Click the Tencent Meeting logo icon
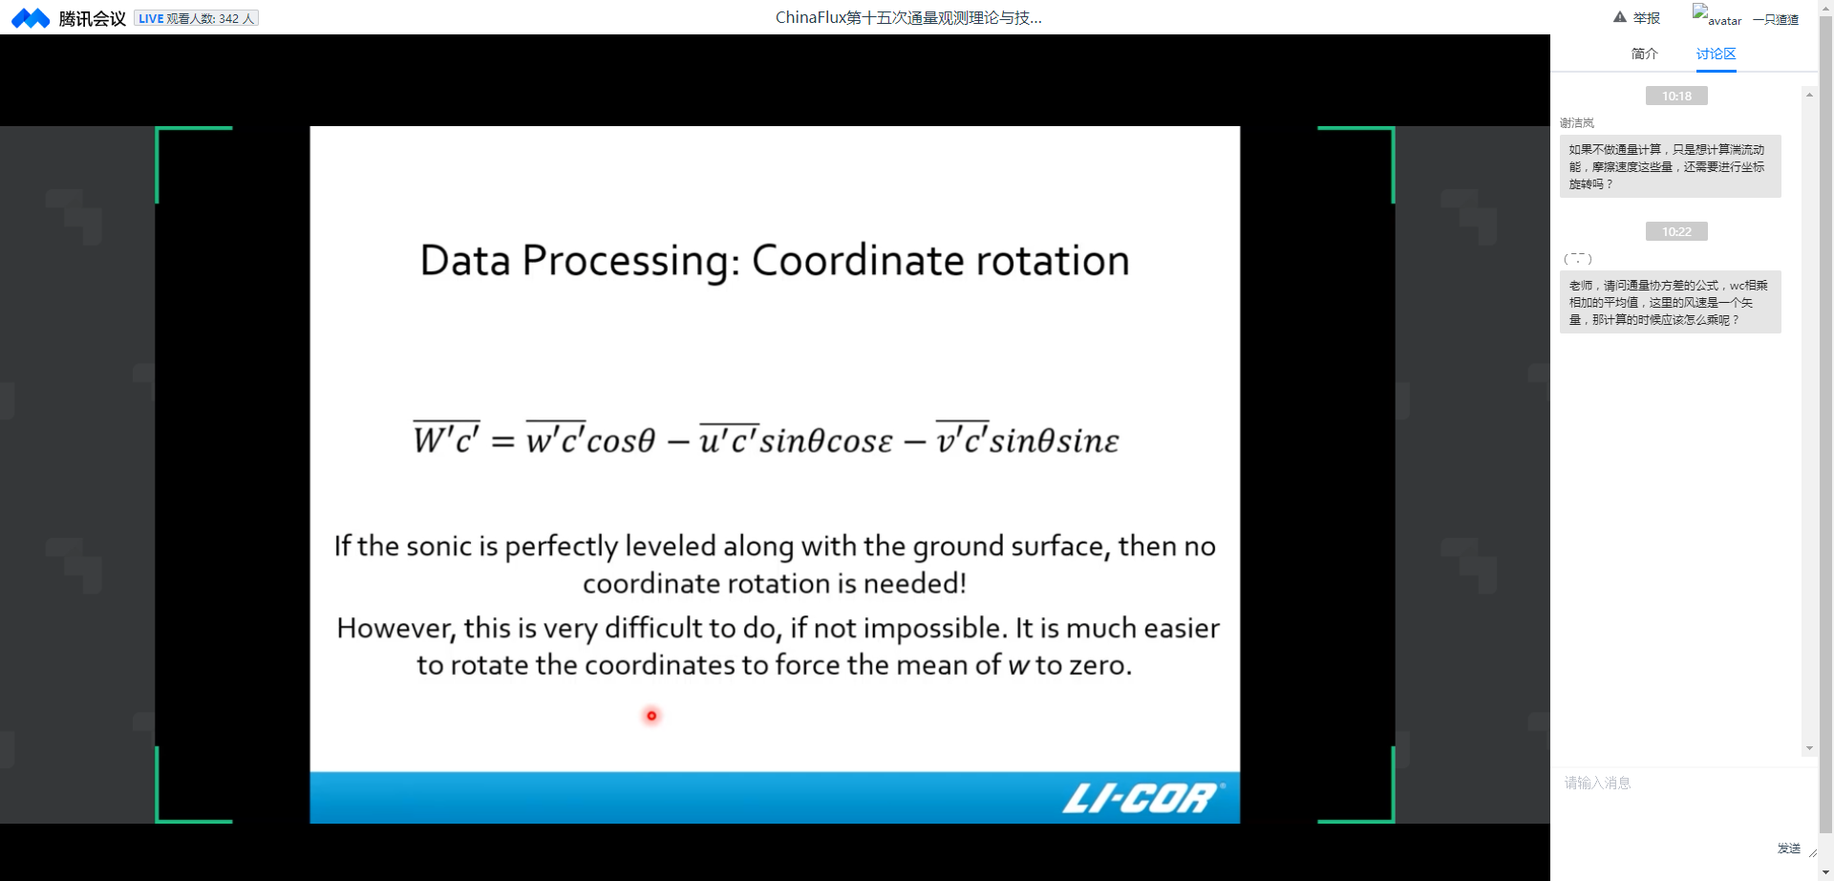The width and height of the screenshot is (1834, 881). (x=31, y=18)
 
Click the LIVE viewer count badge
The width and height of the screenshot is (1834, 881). (x=196, y=18)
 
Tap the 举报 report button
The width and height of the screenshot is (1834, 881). (x=1636, y=18)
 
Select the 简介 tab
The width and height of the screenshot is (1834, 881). (x=1644, y=54)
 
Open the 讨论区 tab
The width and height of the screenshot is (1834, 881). (x=1716, y=54)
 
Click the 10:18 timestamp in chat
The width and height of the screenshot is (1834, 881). (x=1676, y=96)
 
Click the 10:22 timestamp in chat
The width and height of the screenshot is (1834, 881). (x=1676, y=231)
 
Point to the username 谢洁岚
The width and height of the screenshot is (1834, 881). (x=1577, y=123)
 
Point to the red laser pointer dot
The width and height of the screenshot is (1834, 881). (x=651, y=716)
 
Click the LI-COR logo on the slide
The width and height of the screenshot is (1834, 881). (x=1142, y=798)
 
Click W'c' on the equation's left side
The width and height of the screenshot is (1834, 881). (x=446, y=438)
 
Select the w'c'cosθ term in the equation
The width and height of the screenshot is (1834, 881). (x=590, y=438)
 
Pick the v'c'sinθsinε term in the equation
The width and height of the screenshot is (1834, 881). (x=1027, y=438)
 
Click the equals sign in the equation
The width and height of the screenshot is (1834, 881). (x=502, y=441)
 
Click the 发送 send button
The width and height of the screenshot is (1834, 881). (x=1788, y=848)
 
